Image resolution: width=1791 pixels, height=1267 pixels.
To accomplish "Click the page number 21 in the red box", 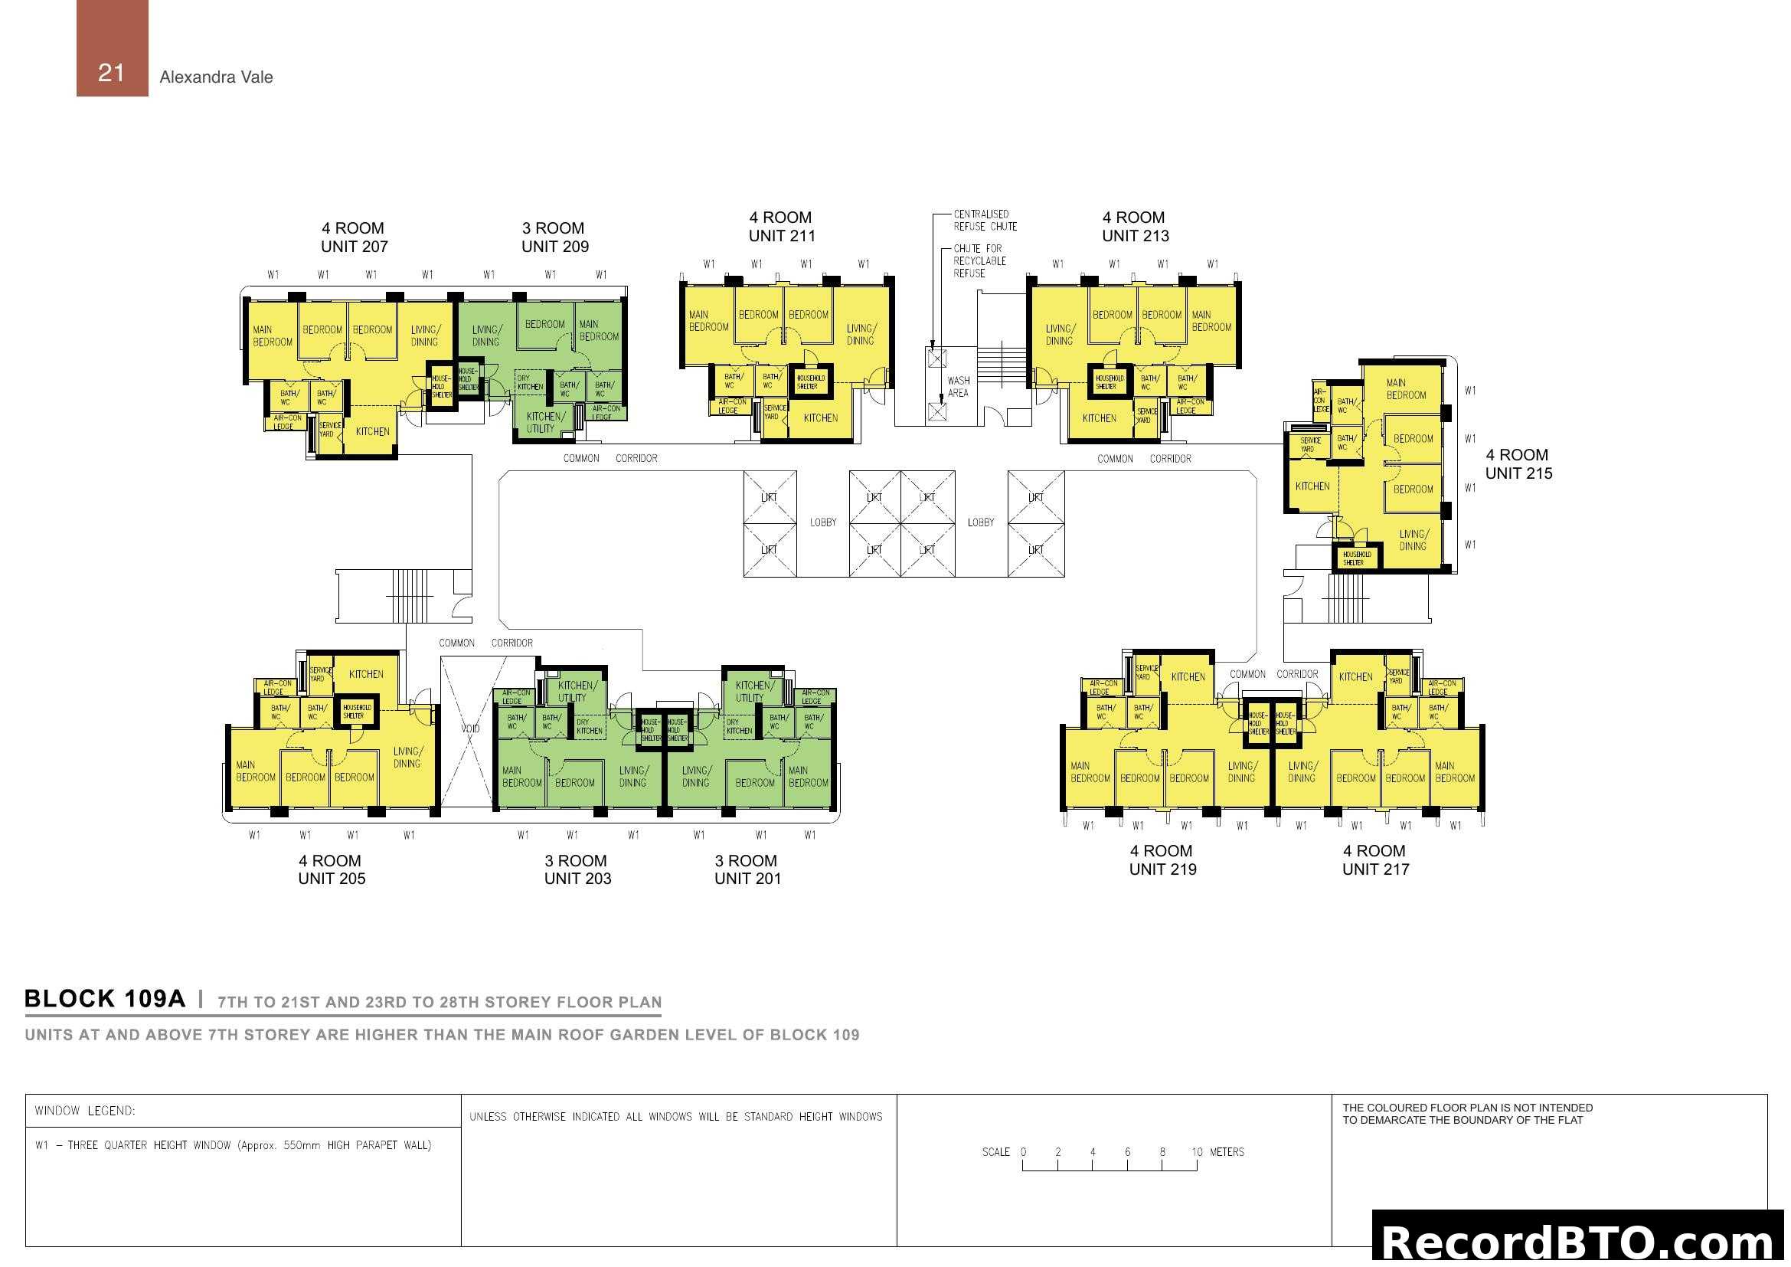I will click(111, 74).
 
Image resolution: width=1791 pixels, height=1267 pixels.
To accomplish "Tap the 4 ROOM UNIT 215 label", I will click(1517, 464).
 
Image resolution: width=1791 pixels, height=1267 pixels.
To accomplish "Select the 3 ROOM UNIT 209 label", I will click(554, 237).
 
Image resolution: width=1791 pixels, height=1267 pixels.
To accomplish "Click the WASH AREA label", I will click(958, 387).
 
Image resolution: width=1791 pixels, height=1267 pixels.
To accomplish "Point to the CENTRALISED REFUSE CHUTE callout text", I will click(985, 221).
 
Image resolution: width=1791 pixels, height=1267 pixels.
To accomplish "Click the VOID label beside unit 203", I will click(469, 728).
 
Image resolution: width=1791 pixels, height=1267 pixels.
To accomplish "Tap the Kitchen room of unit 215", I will click(1312, 486).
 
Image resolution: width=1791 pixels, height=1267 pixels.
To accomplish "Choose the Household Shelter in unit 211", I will click(809, 382).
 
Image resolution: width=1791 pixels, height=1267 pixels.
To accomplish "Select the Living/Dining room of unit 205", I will click(407, 758).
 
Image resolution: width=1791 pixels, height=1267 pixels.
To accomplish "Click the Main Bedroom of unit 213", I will click(1211, 322).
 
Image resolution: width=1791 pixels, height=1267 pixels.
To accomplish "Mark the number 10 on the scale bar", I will click(1197, 1152).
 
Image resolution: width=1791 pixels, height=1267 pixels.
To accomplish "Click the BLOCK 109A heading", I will click(106, 1000).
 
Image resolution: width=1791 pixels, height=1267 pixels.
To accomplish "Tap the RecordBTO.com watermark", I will click(1580, 1241).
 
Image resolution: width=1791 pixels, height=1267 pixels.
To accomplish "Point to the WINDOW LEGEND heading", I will click(85, 1111).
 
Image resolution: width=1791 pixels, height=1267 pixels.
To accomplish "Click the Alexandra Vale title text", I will click(216, 77).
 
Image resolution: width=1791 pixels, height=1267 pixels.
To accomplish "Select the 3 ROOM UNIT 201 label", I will click(747, 870).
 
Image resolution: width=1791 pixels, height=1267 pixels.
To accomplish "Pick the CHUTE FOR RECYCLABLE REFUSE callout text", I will click(979, 261).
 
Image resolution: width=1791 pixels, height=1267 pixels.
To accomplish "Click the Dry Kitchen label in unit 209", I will click(530, 383).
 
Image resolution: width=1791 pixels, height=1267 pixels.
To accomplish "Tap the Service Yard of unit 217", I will click(1397, 676).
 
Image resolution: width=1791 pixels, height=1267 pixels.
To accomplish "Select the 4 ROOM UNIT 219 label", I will click(1162, 860).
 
